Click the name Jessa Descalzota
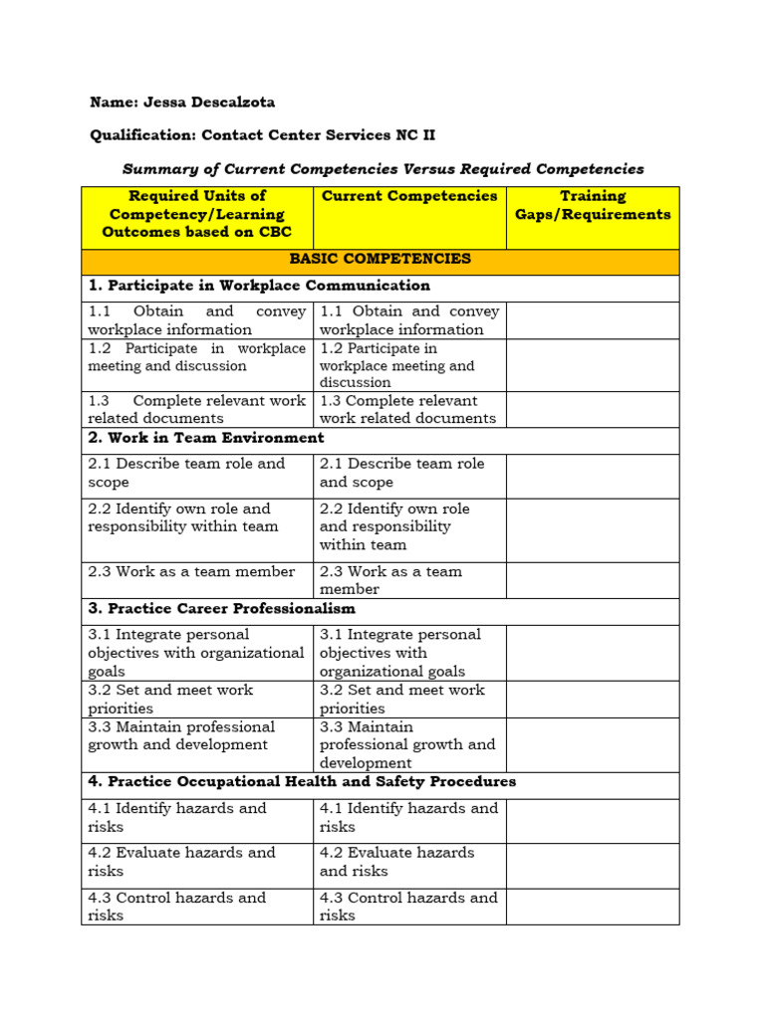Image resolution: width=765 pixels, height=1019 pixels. coord(223,102)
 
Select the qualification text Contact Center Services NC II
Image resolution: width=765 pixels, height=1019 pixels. coord(318,135)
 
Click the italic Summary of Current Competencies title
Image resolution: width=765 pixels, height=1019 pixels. coord(382,169)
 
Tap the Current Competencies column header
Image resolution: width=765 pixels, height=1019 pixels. coord(409,197)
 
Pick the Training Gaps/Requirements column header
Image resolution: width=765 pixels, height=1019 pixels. coord(593,205)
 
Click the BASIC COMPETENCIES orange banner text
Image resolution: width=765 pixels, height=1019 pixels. coord(380,259)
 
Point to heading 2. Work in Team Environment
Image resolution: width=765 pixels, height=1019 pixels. coord(206,438)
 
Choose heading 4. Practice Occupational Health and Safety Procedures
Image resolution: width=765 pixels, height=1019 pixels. coord(302,782)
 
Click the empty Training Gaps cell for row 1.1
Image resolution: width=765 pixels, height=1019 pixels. coord(593,320)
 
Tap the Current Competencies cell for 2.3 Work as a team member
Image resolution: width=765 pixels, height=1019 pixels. coord(409,580)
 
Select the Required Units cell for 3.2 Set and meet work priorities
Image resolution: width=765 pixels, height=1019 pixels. coord(196,699)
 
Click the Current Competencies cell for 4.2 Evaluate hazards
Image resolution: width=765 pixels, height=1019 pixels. coord(409,862)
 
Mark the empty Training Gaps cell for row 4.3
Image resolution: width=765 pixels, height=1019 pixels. coord(593,907)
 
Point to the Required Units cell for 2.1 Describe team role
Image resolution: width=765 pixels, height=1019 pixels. coord(196,473)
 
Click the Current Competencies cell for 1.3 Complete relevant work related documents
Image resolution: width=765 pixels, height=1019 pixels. coord(409,409)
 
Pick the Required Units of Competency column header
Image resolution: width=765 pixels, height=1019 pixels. coord(197,214)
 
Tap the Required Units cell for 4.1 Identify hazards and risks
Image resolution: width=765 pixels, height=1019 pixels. coord(196,817)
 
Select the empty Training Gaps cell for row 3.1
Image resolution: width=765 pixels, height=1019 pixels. coord(593,653)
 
